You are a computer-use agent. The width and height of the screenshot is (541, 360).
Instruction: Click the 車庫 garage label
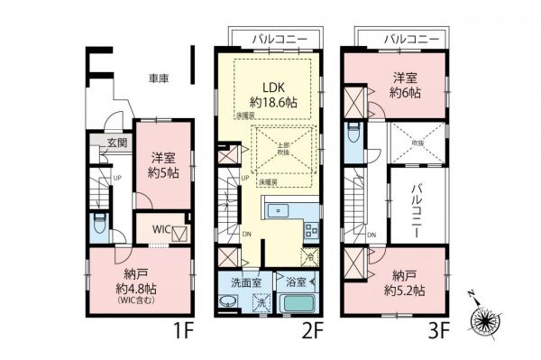pos(160,79)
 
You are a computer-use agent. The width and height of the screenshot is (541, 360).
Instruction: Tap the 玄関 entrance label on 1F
pos(116,143)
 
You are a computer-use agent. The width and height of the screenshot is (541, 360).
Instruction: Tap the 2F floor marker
pos(313,330)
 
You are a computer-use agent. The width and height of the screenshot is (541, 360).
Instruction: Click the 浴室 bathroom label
pos(295,282)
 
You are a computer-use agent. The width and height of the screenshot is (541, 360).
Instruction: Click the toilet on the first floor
pos(100,223)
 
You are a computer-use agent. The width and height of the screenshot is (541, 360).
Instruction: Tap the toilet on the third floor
pos(354,134)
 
